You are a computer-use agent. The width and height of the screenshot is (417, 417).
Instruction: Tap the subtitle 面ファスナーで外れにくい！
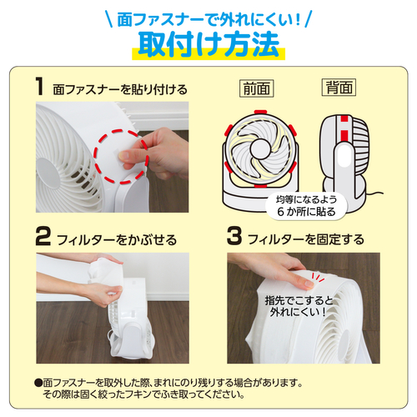[x=208, y=17]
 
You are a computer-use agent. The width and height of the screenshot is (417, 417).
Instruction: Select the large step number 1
[x=40, y=87]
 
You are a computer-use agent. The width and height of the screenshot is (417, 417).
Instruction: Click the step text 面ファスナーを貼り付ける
[x=119, y=89]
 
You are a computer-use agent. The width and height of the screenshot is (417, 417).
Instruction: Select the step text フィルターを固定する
[x=304, y=240]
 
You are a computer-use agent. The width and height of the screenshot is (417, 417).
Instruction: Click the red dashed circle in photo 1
[x=119, y=156]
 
